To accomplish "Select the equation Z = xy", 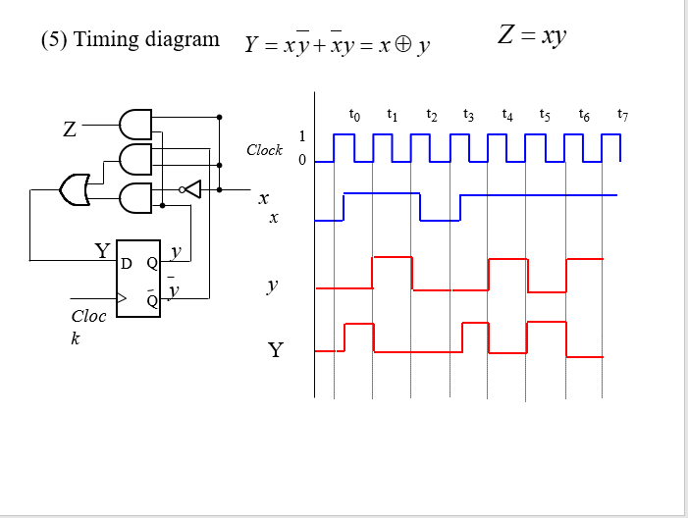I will point(532,36).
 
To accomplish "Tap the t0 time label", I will point(354,115).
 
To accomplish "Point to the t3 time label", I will point(469,115).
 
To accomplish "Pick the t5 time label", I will point(545,115).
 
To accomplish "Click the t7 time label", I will point(621,115).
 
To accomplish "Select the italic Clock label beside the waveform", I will point(264,150).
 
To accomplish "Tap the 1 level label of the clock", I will point(302,135).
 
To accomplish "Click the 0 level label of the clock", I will point(302,159).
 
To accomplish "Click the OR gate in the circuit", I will point(75,189).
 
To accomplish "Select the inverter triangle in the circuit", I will point(192,188).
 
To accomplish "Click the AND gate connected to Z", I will point(134,125).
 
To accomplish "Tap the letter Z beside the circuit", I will point(70,129).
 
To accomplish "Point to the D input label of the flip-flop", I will point(126,263).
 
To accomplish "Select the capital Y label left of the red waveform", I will point(275,349).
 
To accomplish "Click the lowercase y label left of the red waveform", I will point(273,285).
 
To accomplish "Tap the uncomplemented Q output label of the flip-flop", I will point(152,263).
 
